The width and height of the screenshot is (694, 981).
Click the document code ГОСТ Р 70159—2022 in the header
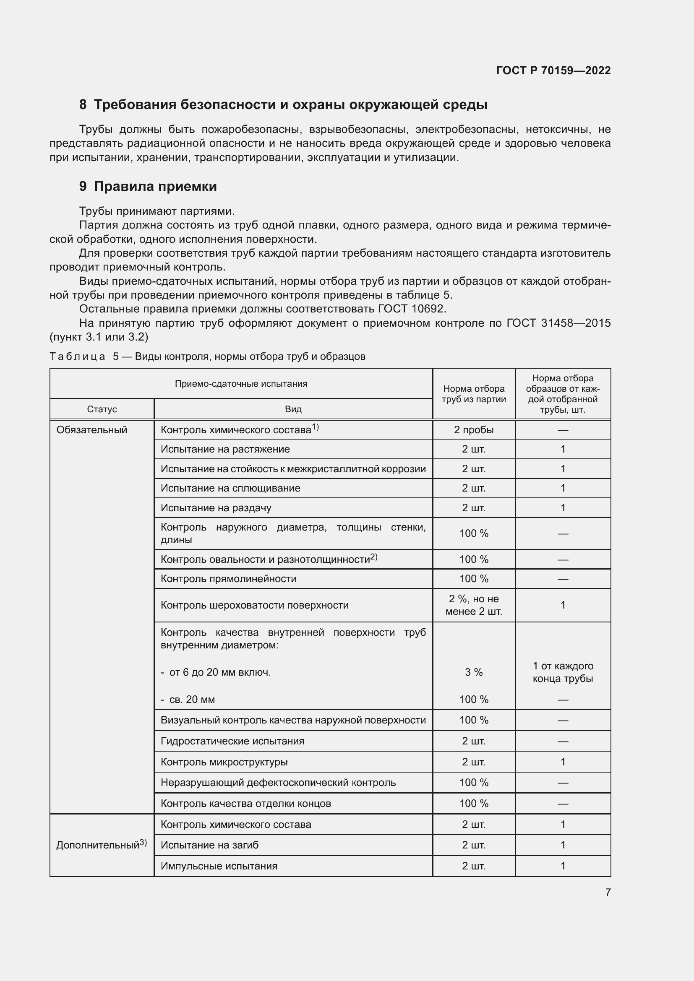[x=553, y=70]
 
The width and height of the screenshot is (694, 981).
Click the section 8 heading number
[x=83, y=105]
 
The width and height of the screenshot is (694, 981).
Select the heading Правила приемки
[x=155, y=186]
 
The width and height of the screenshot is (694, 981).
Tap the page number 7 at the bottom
[x=608, y=892]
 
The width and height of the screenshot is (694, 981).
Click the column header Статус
[x=102, y=409]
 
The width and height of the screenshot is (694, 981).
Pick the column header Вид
[x=293, y=409]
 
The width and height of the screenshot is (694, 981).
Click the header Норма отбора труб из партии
[x=473, y=394]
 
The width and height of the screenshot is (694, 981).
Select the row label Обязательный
[x=92, y=430]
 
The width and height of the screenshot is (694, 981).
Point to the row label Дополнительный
[x=98, y=845]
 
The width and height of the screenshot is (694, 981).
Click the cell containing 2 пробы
[x=473, y=430]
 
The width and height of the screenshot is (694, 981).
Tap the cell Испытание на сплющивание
[x=230, y=488]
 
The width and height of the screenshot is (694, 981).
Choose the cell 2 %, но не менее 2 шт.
[x=473, y=605]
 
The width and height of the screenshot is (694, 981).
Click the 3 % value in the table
[x=473, y=672]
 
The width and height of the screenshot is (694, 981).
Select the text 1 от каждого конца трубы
[x=563, y=672]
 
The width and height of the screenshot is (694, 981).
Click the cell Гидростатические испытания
[x=232, y=741]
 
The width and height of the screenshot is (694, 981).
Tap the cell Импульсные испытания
[x=219, y=866]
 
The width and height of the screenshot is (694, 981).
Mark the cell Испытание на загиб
[x=209, y=845]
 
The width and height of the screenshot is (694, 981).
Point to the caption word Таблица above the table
[x=77, y=356]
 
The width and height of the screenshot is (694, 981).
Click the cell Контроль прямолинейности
[x=228, y=578]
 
